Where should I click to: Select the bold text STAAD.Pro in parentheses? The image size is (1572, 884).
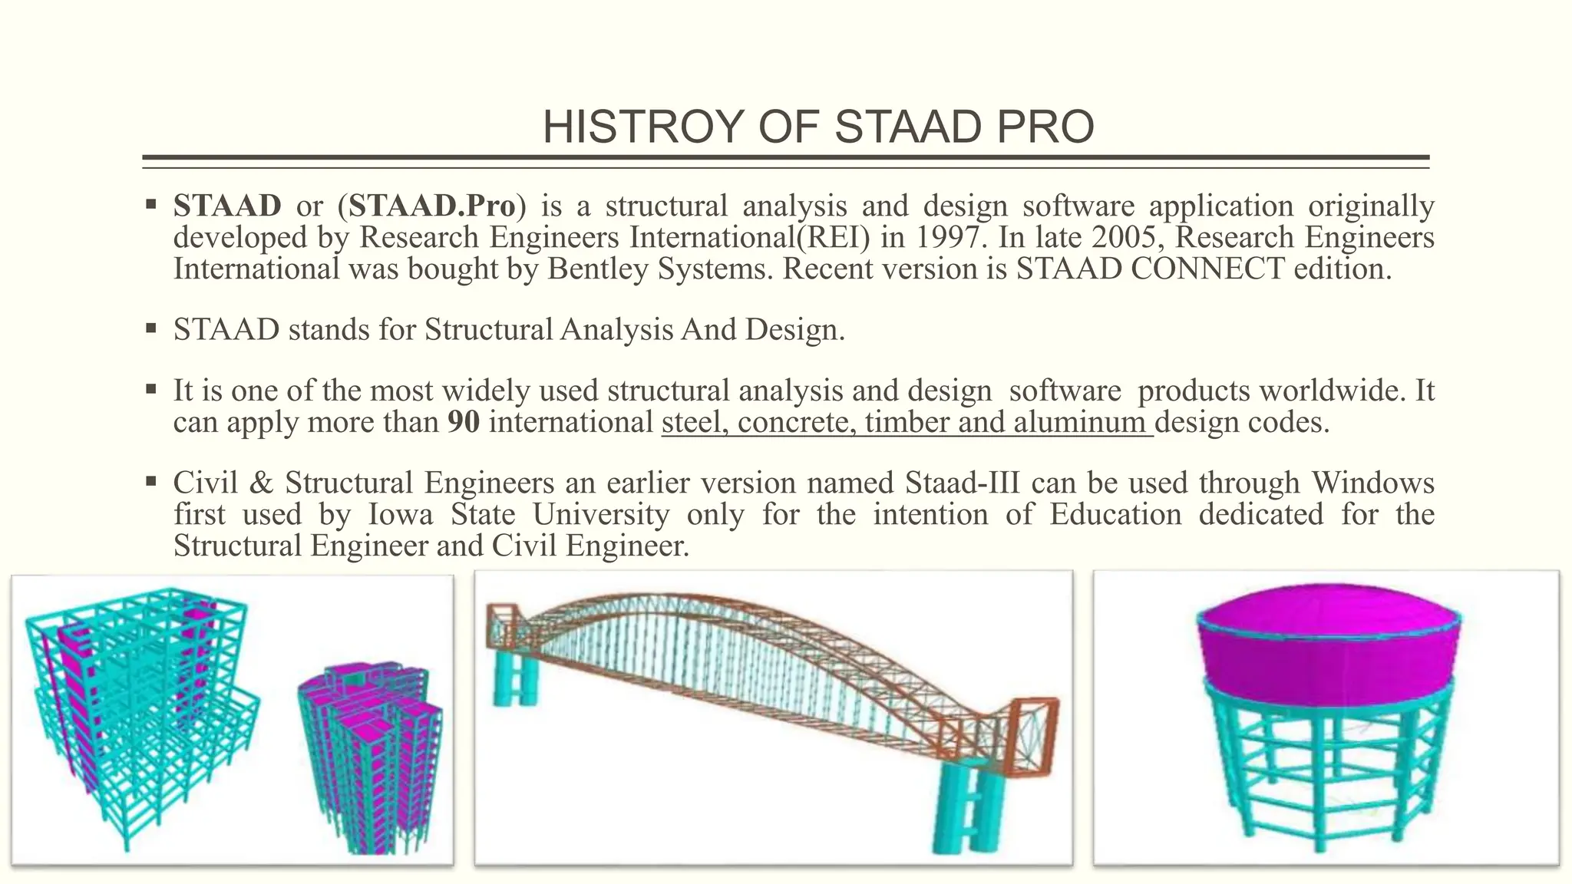(432, 206)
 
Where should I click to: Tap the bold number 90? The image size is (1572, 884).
(464, 422)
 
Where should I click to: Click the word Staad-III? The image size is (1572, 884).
(963, 483)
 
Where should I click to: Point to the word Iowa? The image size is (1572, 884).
(401, 514)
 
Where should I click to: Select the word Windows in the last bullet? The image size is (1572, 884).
(1372, 483)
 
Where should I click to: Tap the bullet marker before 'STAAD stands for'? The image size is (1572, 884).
(150, 328)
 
